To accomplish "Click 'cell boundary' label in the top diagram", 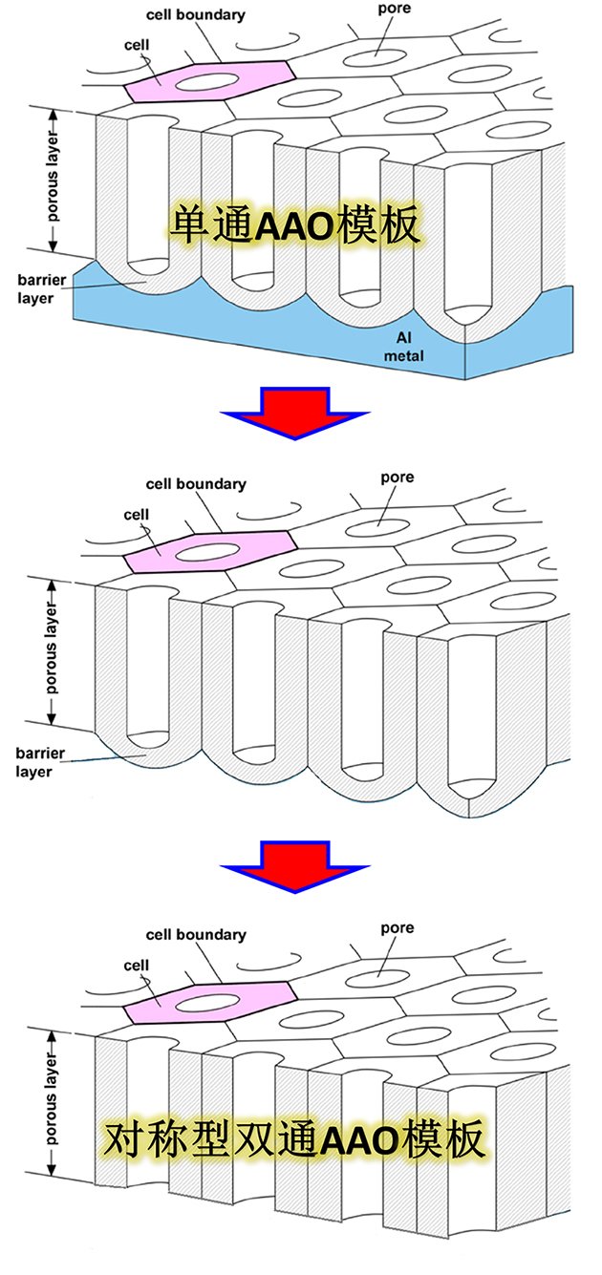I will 196,15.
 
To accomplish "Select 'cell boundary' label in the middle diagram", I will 196,484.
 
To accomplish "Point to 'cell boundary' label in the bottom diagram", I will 196,935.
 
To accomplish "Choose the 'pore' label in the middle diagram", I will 397,477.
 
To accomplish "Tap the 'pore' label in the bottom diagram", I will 397,927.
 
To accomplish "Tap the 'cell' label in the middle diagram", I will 137,515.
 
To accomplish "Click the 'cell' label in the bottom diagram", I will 137,966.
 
